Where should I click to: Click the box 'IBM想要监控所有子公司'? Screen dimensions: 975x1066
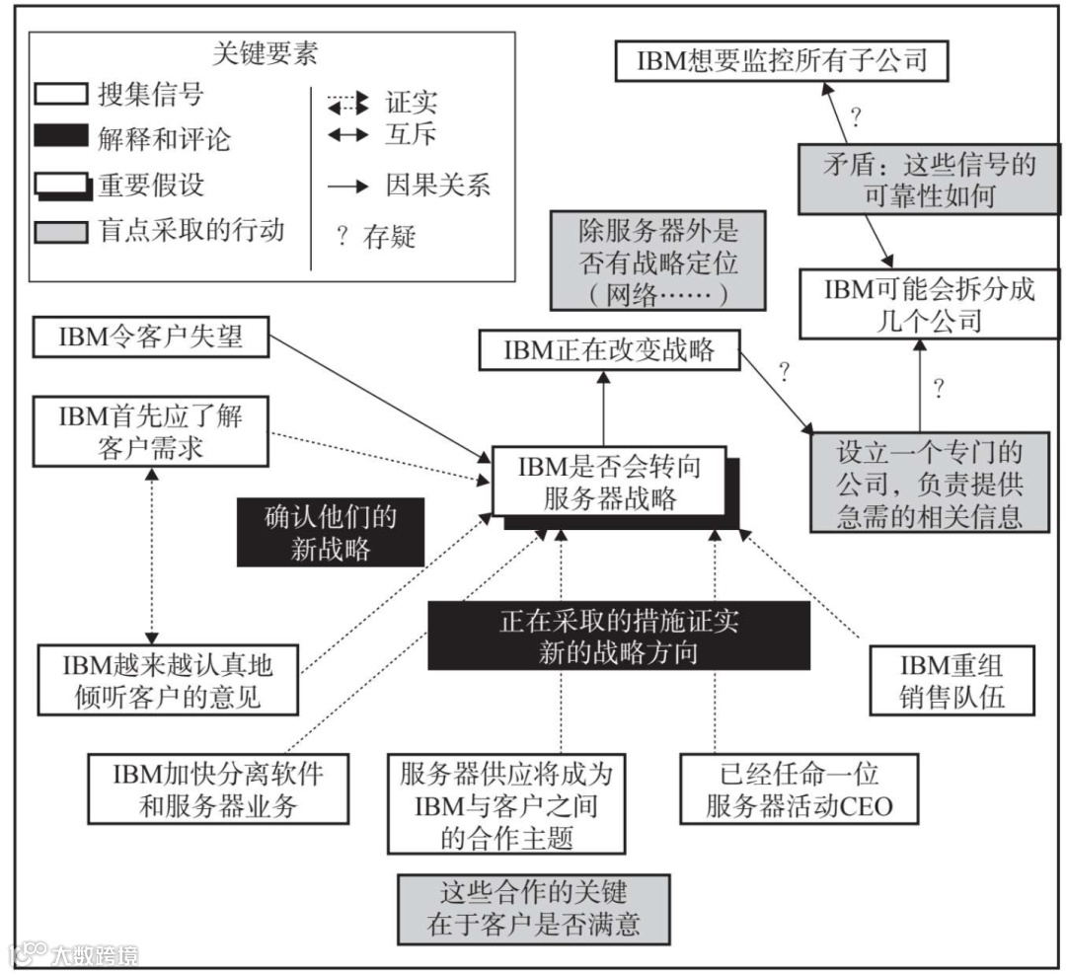781,61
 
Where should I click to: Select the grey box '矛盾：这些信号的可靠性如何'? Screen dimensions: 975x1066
919,179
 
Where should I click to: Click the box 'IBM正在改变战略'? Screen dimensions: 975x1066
609,350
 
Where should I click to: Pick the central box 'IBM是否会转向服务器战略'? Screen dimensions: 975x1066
609,482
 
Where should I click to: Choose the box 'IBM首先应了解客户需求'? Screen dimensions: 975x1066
150,430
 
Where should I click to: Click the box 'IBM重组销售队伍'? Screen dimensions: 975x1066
951,679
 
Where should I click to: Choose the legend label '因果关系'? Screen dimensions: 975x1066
437,185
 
